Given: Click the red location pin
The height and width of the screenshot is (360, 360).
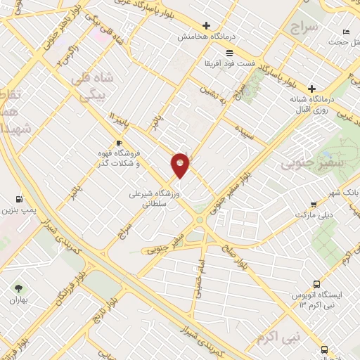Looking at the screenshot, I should (181, 166).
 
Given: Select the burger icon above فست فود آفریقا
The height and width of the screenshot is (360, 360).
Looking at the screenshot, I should (229, 53).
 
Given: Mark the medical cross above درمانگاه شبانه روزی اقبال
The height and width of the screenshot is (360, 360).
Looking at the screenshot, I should (311, 89).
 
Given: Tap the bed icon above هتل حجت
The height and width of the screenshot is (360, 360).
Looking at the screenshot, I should (345, 32).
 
